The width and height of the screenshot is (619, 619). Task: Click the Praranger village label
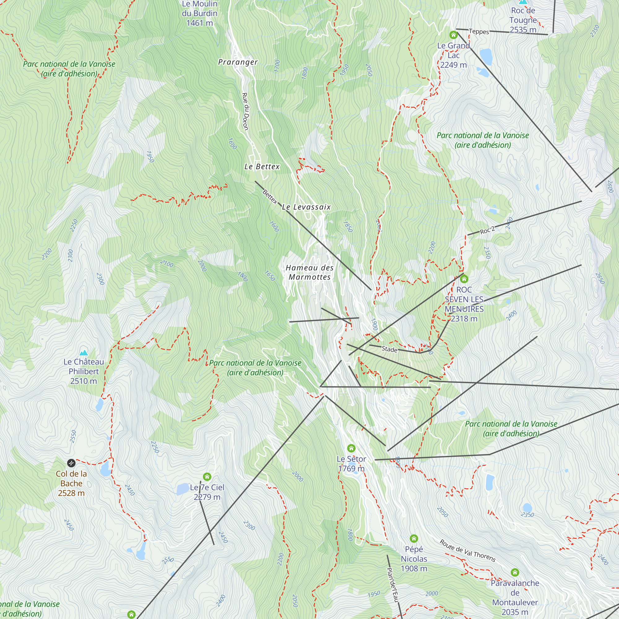pyautogui.click(x=238, y=62)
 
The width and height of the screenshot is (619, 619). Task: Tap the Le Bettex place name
pyautogui.click(x=262, y=167)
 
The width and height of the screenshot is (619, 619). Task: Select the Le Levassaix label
pyautogui.click(x=306, y=207)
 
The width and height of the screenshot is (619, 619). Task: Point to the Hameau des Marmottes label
pyautogui.click(x=309, y=272)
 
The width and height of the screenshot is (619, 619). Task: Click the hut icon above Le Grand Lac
pyautogui.click(x=453, y=35)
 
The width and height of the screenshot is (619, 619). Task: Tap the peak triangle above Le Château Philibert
pyautogui.click(x=84, y=353)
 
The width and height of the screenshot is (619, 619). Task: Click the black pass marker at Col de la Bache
pyautogui.click(x=71, y=463)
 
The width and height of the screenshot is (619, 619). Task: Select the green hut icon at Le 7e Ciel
pyautogui.click(x=207, y=477)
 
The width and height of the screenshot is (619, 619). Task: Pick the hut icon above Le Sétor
pyautogui.click(x=351, y=448)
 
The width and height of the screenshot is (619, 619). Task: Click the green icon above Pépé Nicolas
pyautogui.click(x=413, y=538)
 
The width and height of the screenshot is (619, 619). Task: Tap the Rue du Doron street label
pyautogui.click(x=245, y=111)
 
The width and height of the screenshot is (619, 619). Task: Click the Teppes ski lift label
pyautogui.click(x=479, y=31)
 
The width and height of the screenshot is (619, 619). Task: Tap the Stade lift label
pyautogui.click(x=389, y=349)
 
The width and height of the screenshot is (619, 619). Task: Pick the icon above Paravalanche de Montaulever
pyautogui.click(x=515, y=572)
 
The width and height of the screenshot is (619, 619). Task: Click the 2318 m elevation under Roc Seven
pyautogui.click(x=464, y=319)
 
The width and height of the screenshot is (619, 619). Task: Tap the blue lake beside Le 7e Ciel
pyautogui.click(x=183, y=489)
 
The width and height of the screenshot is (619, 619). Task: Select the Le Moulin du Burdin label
pyautogui.click(x=200, y=13)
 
